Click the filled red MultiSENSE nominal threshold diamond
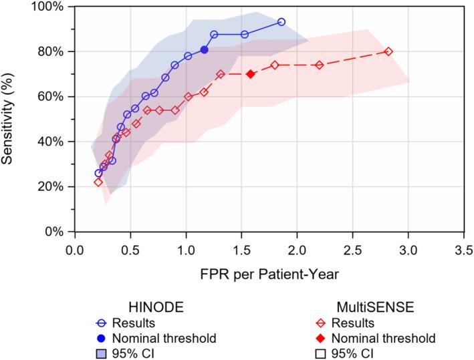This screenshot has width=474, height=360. [x=250, y=74]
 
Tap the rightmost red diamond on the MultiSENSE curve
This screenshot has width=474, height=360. [x=388, y=51]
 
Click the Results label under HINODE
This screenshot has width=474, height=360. [x=135, y=323]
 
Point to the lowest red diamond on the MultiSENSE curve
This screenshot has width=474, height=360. [x=98, y=182]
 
